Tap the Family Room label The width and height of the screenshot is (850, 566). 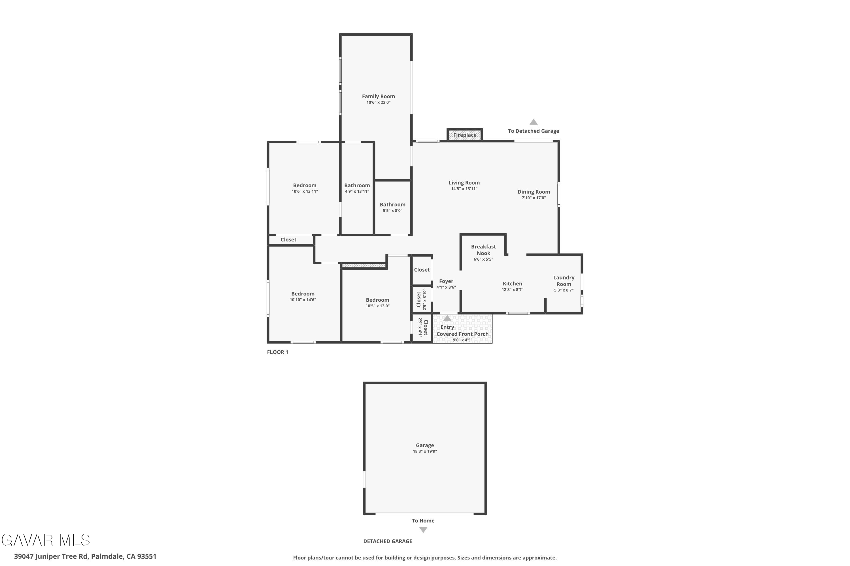tap(378, 97)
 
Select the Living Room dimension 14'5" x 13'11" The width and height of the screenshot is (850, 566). tap(464, 189)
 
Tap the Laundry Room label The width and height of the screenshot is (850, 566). tap(564, 280)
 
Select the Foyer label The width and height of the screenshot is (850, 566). tap(446, 281)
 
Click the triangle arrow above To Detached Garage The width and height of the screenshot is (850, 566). tap(534, 122)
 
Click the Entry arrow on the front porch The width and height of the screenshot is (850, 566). tap(447, 318)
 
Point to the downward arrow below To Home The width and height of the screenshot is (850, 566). tap(423, 530)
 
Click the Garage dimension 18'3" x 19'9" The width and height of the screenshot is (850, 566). tap(425, 451)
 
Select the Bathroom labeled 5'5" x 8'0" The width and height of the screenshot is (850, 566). tap(392, 205)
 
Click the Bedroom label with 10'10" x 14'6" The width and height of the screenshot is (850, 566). tap(303, 294)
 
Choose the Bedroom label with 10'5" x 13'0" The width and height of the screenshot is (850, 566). tap(377, 300)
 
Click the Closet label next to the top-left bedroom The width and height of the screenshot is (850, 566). tap(288, 240)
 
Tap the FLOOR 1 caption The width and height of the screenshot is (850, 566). tap(278, 352)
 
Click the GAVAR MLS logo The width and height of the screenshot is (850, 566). tap(46, 540)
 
